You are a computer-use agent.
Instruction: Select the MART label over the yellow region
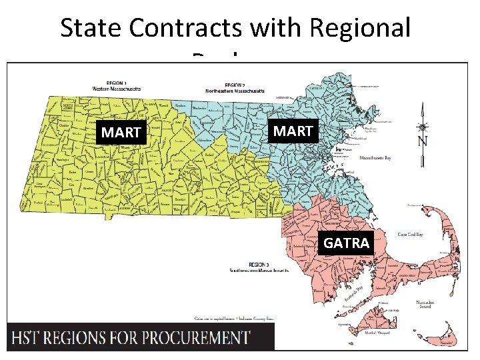coord(121,133)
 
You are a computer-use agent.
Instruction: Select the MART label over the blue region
coord(293,131)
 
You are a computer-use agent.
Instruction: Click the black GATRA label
coord(346,243)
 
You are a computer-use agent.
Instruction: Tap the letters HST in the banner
coord(31,337)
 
